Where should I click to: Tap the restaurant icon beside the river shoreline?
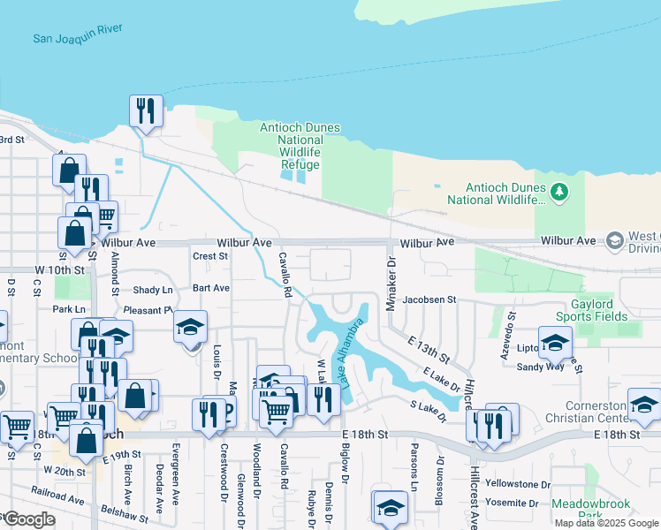pos(145,111)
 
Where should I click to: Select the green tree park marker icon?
pos(558,191)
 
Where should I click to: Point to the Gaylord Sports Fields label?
pos(596,309)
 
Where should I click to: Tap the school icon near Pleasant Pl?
pos(191,327)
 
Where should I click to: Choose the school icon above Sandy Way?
pos(556,343)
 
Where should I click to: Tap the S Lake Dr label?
pos(425,410)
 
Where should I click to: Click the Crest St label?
pos(210,256)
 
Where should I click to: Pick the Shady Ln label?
pos(153,290)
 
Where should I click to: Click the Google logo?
pos(29,519)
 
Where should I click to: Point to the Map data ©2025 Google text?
pos(606,523)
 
